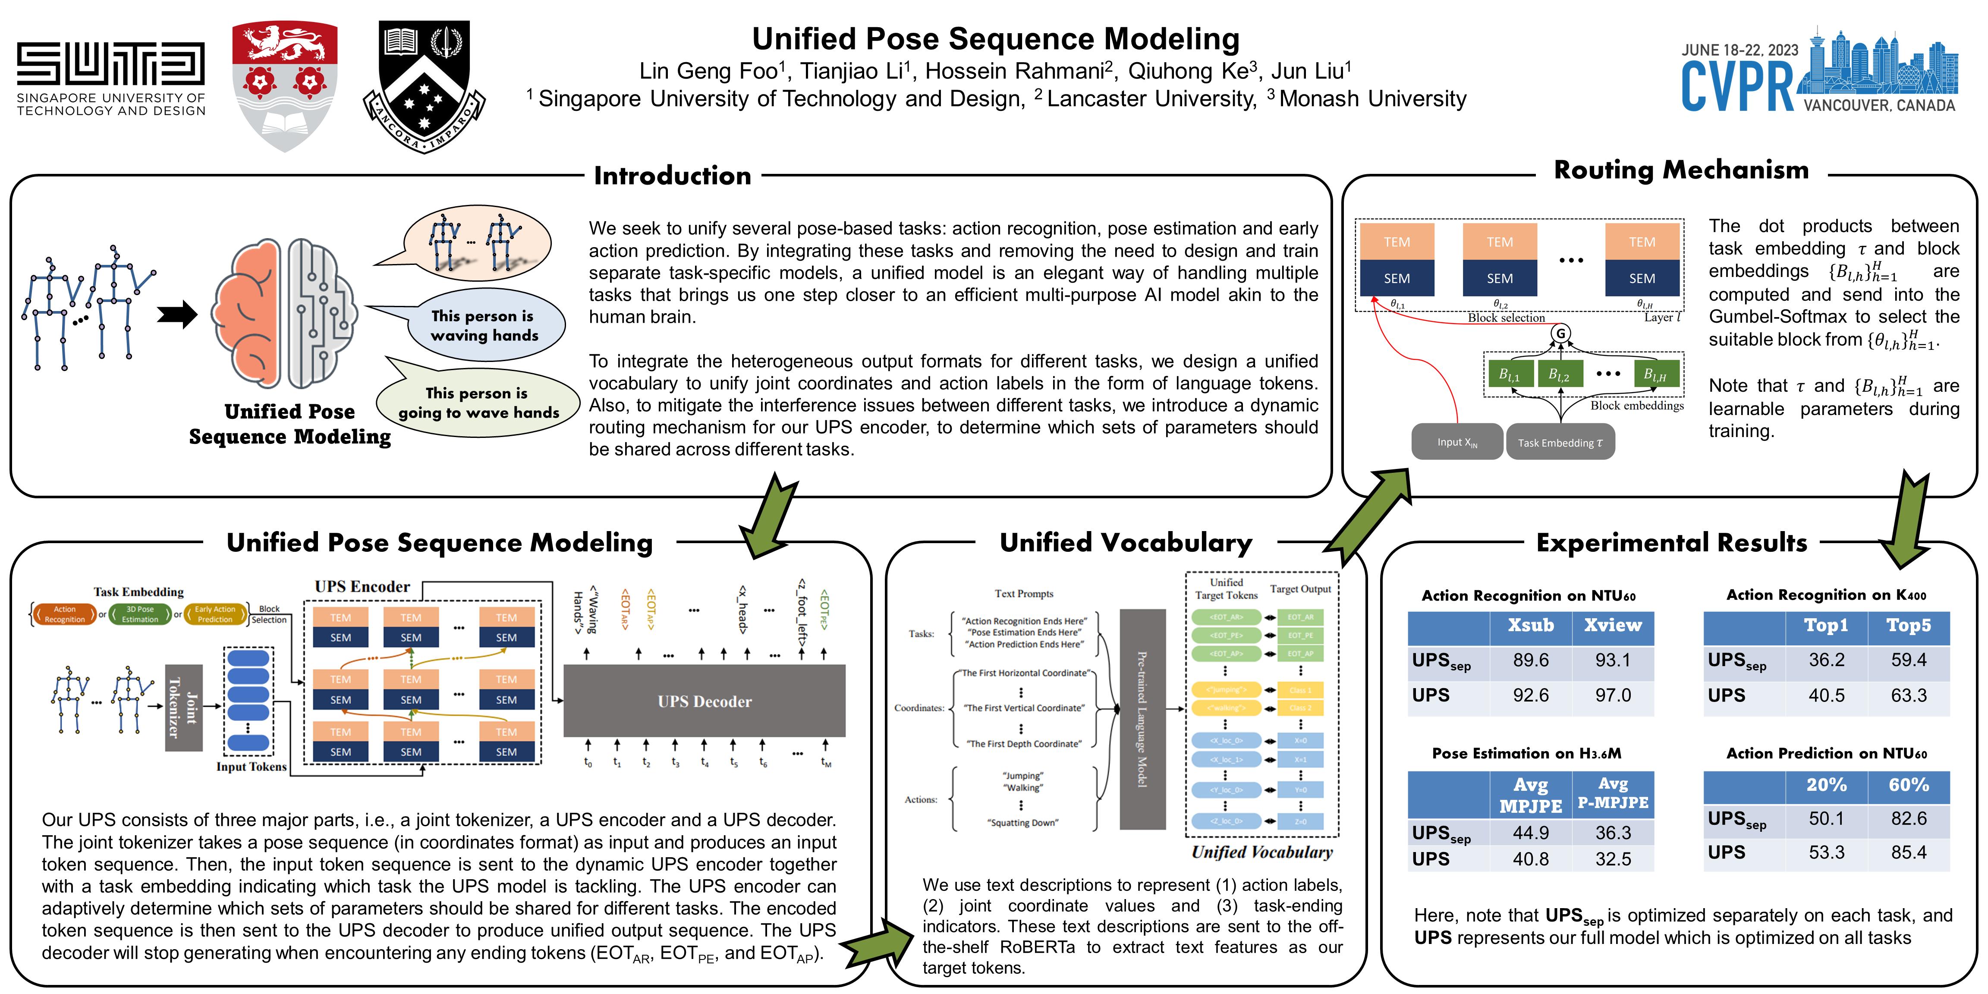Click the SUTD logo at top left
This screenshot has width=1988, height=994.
111,77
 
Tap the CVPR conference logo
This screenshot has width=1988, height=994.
1818,73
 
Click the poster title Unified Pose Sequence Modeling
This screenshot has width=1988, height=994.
996,38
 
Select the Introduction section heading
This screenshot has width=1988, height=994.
672,176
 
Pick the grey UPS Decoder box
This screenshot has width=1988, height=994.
704,701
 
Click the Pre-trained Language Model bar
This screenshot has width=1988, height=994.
1142,719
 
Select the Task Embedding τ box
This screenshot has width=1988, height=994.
1560,442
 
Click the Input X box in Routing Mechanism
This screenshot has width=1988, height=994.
1457,442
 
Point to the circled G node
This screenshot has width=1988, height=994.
1560,333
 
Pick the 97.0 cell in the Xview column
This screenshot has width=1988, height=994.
1613,695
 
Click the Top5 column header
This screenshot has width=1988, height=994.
1909,626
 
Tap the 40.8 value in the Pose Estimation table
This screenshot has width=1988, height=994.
1530,859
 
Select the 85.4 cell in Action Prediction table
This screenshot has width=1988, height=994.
1909,853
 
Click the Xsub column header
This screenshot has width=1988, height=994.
1530,626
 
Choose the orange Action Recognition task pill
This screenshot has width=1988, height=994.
65,614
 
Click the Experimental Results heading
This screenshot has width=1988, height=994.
1672,543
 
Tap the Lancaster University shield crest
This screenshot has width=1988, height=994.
285,85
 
